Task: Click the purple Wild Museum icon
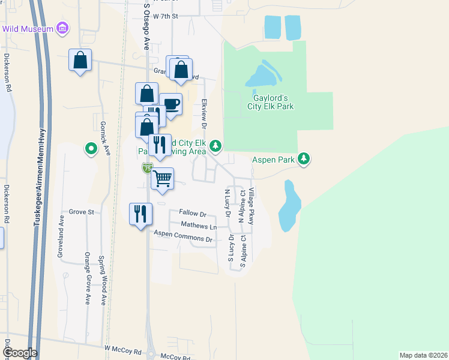62,28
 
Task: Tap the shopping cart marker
163,179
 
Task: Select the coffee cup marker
171,104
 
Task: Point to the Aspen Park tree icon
305,158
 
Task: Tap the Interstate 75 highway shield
147,169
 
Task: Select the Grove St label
82,212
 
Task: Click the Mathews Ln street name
199,226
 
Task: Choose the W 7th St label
166,16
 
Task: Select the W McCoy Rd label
122,348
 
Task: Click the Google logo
19,353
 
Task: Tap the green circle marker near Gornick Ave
91,147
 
